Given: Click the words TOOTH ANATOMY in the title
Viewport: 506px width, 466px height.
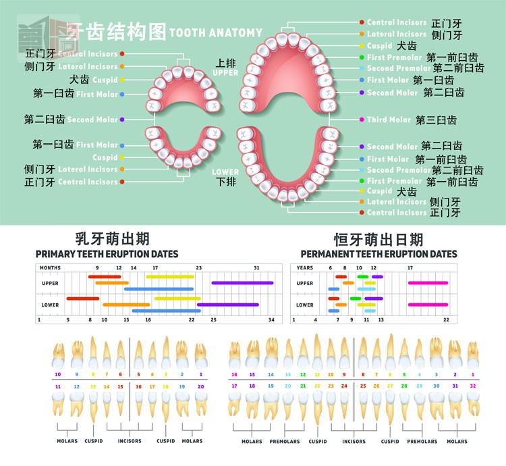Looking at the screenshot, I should click(215, 32).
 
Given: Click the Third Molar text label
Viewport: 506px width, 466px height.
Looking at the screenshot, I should click(389, 120).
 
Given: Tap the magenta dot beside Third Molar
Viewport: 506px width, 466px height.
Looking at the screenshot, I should click(362, 120).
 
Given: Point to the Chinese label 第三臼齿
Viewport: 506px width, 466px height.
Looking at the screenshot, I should click(436, 120).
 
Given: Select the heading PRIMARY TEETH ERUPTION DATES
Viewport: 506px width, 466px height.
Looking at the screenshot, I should click(107, 254).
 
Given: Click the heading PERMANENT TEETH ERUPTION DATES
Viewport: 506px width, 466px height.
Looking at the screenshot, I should click(378, 254).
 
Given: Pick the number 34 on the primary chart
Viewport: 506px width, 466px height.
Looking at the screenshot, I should click(271, 319).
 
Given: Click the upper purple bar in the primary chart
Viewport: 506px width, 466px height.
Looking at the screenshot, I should click(242, 283).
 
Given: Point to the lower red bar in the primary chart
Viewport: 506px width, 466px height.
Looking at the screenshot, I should click(83, 298).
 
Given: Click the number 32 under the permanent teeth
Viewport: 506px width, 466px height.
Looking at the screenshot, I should click(473, 386).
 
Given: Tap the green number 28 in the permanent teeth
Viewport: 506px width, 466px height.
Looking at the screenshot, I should click(404, 386).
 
